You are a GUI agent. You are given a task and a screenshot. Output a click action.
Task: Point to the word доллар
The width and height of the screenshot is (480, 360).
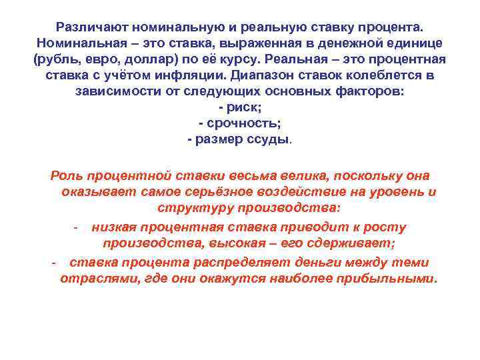point(147,59)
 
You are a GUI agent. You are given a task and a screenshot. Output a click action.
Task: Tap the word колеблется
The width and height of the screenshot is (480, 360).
point(381,75)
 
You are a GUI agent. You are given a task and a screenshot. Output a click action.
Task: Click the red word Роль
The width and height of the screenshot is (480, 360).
point(67,177)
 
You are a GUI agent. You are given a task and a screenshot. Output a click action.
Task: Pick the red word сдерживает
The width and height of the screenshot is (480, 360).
point(357,244)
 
